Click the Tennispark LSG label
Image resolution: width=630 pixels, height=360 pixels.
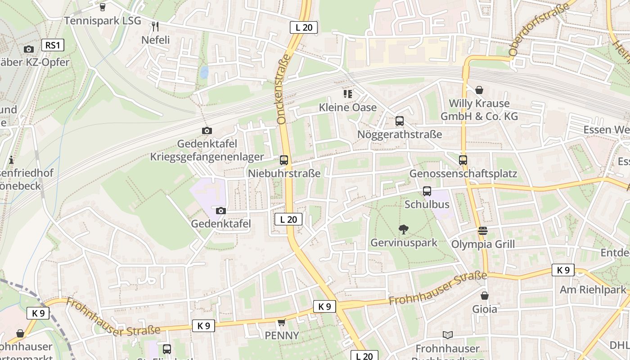103,21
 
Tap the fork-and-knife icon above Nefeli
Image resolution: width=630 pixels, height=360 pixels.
155,27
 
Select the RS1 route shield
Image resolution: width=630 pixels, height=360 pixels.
53,45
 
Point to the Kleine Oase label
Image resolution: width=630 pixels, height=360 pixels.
347,108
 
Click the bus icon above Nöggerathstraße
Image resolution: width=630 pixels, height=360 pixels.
399,121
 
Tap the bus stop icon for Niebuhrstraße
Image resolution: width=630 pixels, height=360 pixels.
284,160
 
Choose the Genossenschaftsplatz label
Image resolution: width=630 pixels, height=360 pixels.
463,174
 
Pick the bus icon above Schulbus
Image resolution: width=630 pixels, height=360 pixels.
427,191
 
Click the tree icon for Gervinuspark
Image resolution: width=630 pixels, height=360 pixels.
403,229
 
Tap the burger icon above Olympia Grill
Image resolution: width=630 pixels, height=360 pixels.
483,231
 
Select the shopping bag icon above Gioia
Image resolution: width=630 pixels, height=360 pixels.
485,296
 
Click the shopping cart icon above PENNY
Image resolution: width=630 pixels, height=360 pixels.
282,322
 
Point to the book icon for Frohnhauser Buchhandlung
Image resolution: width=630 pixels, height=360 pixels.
447,335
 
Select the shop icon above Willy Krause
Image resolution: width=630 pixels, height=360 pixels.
479,90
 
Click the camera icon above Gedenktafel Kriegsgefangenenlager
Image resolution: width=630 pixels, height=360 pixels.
207,131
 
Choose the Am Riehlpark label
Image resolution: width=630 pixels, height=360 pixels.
593,290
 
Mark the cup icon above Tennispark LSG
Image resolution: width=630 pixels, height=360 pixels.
103,7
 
